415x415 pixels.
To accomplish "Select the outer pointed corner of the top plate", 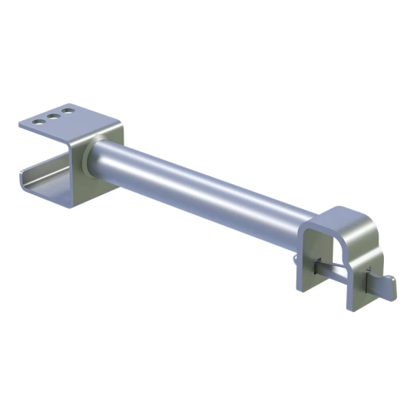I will click(x=23, y=126).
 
